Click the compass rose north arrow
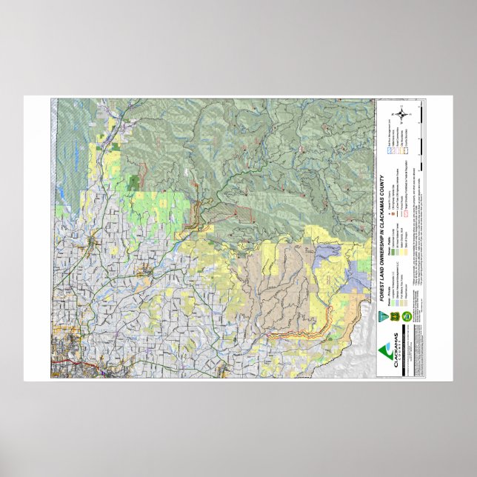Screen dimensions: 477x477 click(x=402, y=114)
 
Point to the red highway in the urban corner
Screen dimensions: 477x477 click(x=70, y=364)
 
